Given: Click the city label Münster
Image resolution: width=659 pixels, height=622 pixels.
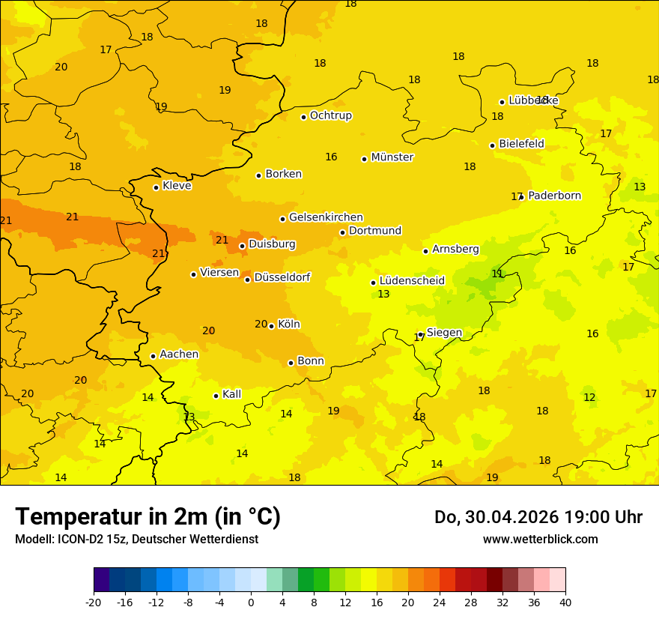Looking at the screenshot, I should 392,157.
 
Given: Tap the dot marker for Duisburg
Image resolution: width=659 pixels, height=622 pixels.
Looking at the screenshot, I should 242,246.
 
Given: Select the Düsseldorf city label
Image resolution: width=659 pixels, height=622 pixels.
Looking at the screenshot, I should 282,277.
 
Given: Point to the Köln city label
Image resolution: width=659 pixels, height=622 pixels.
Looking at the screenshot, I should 288,324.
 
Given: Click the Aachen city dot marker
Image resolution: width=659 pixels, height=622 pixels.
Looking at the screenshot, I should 153,356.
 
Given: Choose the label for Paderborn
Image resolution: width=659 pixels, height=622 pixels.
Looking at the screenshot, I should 554,196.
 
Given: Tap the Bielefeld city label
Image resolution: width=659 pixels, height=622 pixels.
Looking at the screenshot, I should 521,144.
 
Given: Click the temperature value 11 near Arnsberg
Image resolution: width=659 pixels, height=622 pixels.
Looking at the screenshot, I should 497,274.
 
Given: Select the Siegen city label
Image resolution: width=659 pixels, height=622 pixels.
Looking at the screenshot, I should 444,333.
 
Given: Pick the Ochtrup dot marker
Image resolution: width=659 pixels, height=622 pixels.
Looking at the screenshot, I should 303,116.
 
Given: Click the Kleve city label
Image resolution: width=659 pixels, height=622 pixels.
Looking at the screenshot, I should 177,186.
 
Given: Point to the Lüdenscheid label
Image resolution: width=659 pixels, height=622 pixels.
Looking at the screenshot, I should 412,281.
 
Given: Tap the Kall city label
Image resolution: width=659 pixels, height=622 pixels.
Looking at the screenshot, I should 231,394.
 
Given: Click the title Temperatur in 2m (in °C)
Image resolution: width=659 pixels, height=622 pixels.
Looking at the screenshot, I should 148,516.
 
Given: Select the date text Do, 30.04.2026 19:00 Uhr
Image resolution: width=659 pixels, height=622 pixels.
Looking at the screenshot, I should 538,517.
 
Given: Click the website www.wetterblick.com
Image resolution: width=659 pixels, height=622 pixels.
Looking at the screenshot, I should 540,539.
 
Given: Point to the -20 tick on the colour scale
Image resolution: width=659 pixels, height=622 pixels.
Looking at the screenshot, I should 94,602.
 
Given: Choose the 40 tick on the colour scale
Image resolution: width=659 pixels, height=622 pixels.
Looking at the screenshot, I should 565,602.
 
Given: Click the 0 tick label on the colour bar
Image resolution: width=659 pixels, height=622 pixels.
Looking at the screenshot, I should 251,602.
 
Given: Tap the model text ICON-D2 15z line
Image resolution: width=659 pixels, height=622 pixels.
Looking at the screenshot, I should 136,539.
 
